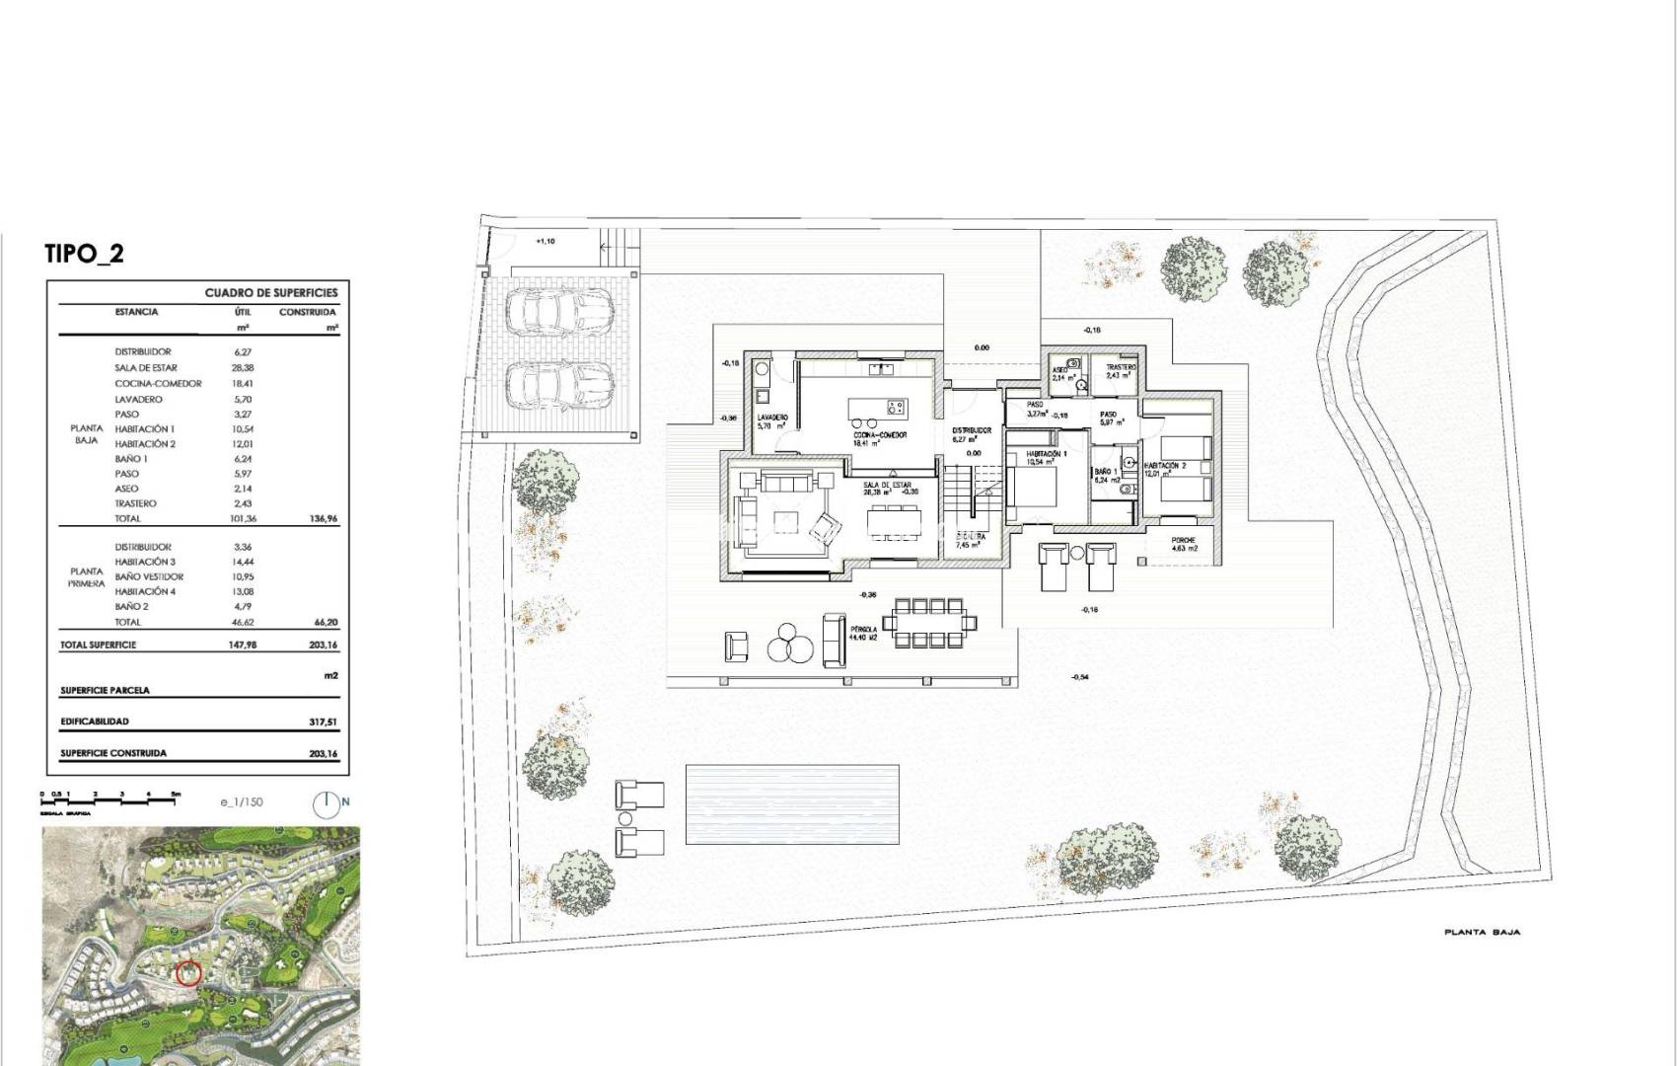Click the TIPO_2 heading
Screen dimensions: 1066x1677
coord(85,254)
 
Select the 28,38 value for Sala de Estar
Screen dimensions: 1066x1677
coord(243,368)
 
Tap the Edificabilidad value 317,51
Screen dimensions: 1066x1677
coord(323,723)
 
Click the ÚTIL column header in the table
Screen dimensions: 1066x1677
coord(243,312)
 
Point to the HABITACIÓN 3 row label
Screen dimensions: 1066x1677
coord(145,562)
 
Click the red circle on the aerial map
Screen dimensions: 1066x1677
coord(188,973)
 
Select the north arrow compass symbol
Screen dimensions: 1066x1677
coord(330,802)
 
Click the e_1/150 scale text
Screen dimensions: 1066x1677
coord(242,802)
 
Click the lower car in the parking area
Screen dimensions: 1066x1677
coord(558,383)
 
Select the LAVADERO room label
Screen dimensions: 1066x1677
coord(772,419)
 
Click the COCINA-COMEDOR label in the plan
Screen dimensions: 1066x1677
coord(880,434)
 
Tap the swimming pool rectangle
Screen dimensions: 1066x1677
coord(792,803)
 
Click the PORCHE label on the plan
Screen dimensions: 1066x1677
coord(1183,541)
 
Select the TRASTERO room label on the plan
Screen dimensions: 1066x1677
coord(1121,367)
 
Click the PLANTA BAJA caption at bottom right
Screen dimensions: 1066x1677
coord(1482,932)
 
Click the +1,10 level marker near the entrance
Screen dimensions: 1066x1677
coord(546,241)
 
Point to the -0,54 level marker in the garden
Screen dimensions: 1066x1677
coord(1080,677)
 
